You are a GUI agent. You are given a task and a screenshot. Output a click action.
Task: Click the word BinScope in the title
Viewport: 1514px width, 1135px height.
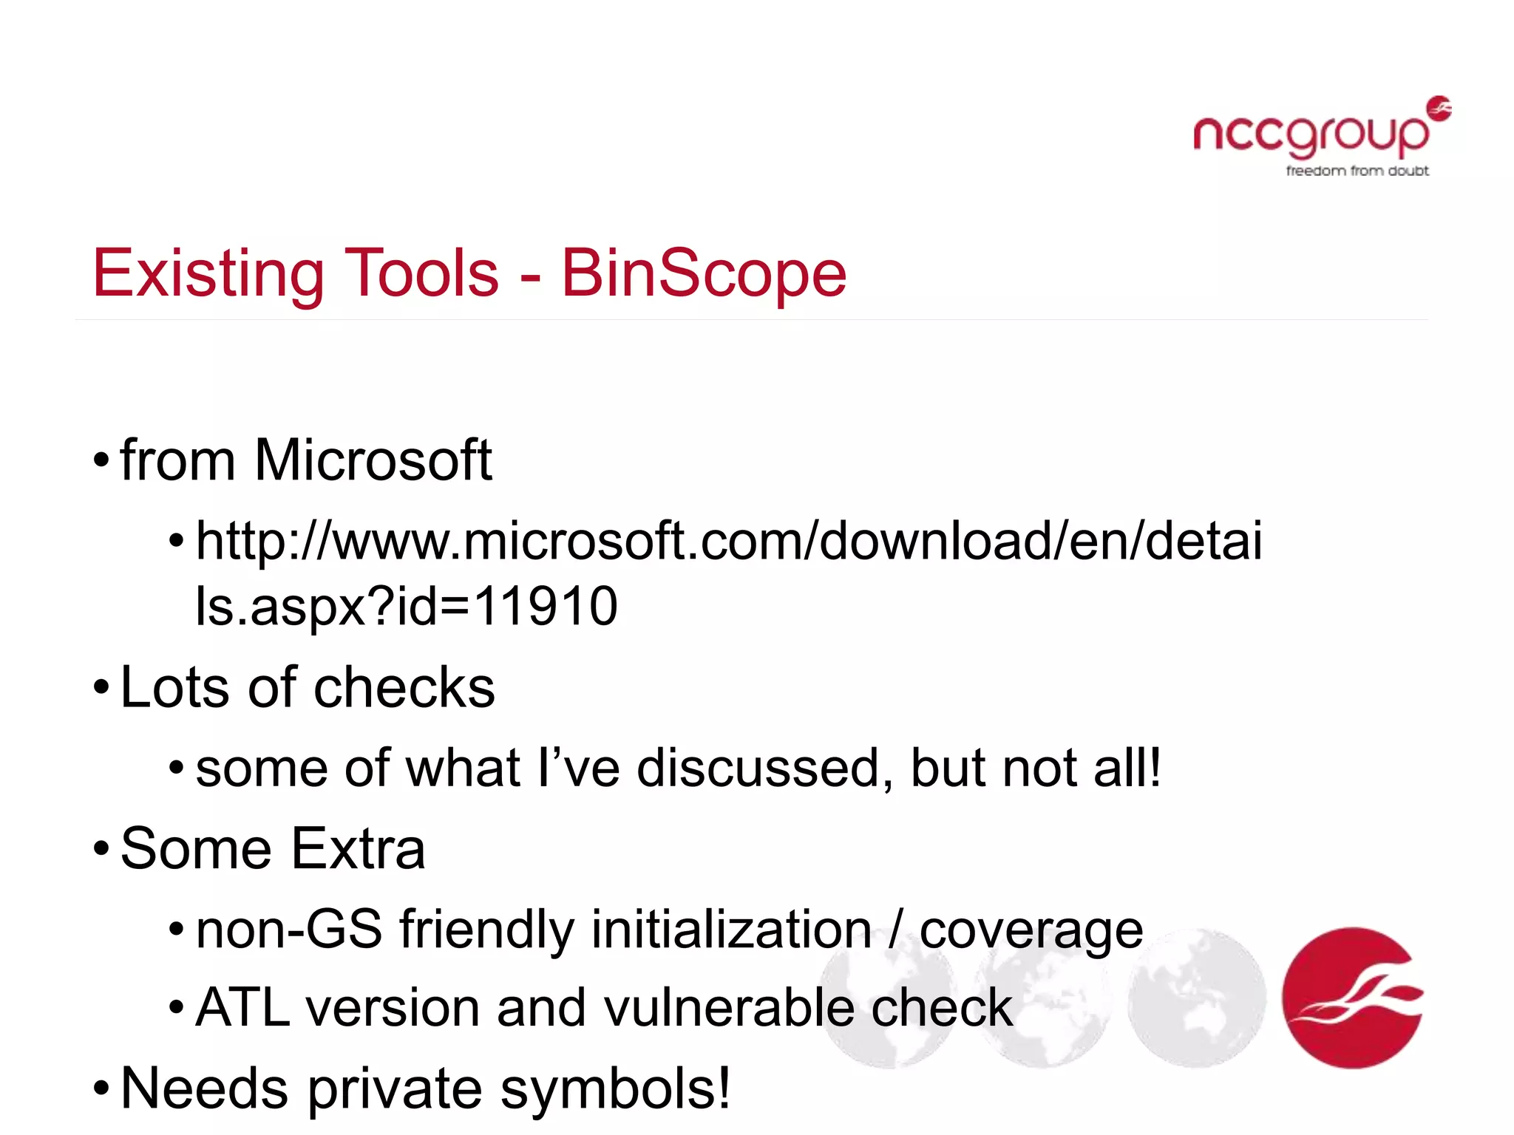coord(703,274)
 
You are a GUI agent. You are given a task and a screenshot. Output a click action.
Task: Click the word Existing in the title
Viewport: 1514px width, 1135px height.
coord(208,274)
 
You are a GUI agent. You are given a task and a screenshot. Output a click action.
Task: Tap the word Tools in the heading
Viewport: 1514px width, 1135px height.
coord(421,273)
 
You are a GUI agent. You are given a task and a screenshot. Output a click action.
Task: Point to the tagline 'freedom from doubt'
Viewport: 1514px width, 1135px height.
coord(1357,171)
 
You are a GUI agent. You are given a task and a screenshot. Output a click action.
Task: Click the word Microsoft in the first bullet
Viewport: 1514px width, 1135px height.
coord(373,460)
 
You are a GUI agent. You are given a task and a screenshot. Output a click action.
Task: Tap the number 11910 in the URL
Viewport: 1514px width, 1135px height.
coord(545,607)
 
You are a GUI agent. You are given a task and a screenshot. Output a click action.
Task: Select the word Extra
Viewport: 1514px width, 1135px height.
coord(359,849)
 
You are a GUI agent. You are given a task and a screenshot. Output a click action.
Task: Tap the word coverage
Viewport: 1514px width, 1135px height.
coord(1031,931)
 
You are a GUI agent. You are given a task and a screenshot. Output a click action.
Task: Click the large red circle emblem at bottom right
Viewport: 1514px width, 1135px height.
coord(1352,998)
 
